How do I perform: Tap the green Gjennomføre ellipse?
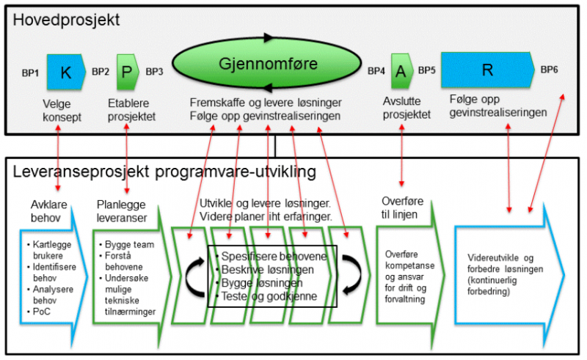click(269, 65)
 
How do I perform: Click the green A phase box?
click(401, 71)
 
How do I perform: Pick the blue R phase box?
click(487, 70)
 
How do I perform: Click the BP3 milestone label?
click(155, 72)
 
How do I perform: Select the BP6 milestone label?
click(550, 70)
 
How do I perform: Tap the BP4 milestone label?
click(376, 72)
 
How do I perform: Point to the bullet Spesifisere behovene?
click(273, 256)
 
